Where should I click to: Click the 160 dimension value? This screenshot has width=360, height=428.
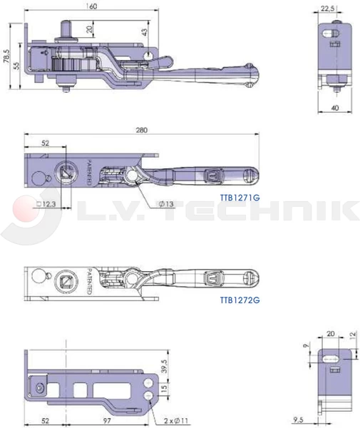pos(92,6)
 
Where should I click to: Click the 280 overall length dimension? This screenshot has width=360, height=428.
pos(142,130)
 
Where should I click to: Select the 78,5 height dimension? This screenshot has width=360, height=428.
pos(6,56)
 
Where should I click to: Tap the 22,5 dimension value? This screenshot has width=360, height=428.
pos(327,9)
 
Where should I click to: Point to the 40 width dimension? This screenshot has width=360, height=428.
pos(335,108)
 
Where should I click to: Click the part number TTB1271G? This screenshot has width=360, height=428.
pos(240,197)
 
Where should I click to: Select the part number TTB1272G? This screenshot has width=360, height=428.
pos(240,300)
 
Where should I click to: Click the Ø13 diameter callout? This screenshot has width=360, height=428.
pos(166,203)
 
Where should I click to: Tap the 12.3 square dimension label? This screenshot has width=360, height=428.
pos(46,203)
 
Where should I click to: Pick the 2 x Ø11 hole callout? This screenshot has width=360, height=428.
pos(176,421)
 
